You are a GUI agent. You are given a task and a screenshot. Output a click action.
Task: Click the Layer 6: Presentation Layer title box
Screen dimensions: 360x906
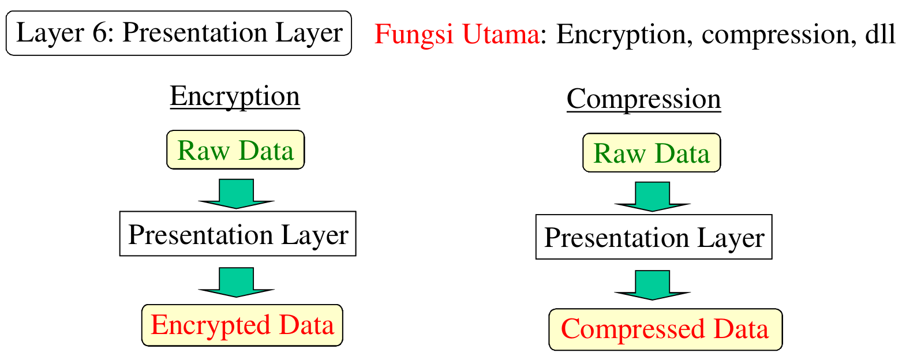pos(178,33)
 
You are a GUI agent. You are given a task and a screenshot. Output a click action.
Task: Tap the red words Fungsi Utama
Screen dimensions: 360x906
pos(456,34)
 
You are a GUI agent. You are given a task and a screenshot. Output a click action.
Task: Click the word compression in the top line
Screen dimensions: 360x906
pos(775,34)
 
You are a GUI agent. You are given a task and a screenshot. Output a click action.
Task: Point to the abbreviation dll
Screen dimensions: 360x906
pos(880,34)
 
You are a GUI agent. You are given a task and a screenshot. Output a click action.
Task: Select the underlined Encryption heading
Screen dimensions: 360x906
pos(235,96)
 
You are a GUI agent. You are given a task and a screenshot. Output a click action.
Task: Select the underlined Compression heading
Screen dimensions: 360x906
pos(643,99)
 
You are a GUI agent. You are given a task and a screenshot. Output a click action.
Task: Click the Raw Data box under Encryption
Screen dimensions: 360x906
pos(235,150)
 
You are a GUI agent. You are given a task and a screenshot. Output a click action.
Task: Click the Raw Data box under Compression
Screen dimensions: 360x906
pos(652,153)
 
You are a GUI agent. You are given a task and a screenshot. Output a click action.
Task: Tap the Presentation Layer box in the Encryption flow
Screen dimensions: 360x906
pos(238,234)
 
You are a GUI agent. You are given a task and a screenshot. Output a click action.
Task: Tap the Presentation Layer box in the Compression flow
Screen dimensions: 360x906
pos(654,237)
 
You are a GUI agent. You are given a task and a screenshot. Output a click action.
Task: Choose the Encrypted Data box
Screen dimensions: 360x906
pos(242,325)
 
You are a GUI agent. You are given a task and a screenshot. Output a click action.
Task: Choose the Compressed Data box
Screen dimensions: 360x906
pos(665,329)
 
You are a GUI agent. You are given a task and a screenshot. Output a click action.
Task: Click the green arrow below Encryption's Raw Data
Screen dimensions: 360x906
pos(236,193)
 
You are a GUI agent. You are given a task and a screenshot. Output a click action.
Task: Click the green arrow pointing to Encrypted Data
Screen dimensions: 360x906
pos(236,282)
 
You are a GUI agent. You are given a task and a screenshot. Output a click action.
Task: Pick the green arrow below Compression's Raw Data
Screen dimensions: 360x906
pos(652,196)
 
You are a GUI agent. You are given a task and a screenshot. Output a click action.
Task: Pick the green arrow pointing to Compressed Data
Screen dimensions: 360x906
pos(652,285)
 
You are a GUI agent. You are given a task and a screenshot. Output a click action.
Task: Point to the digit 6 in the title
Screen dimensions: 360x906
pos(99,33)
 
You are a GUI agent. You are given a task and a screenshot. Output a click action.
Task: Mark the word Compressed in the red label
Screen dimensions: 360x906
pos(633,329)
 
